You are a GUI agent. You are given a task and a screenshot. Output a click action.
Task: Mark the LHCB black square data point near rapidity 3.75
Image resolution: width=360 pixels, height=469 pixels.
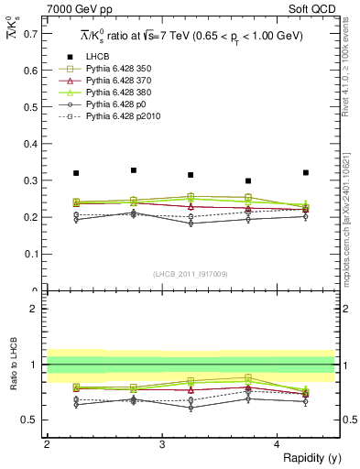pyautogui.click(x=248, y=181)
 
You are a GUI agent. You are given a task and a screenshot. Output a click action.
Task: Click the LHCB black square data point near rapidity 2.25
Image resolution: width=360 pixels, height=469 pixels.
pyautogui.click(x=75, y=173)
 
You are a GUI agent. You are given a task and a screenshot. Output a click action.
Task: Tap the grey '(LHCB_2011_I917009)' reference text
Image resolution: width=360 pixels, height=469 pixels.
pyautogui.click(x=190, y=274)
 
